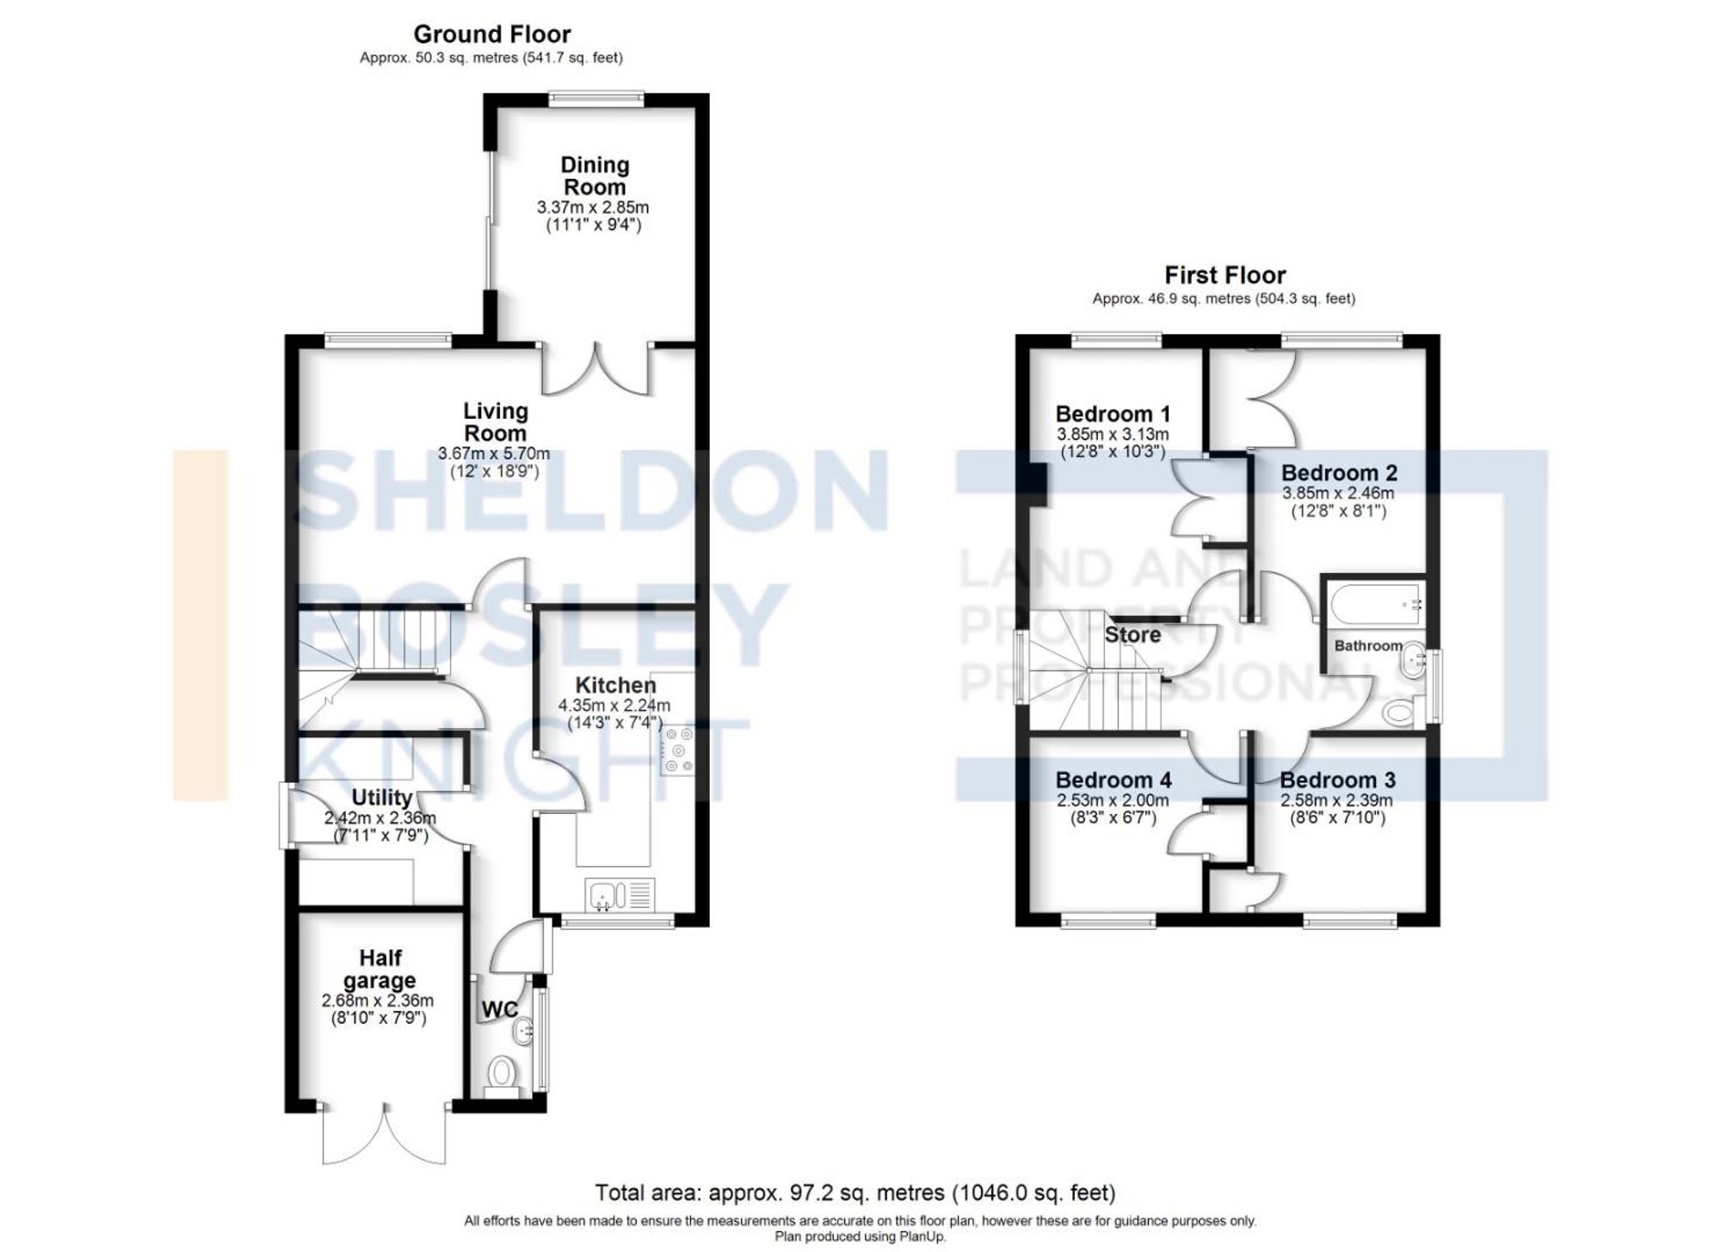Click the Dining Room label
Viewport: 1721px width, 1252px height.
[594, 176]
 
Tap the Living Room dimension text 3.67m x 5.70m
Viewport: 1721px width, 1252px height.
[494, 453]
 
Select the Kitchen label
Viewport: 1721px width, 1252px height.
[615, 685]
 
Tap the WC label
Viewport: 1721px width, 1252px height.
[499, 1009]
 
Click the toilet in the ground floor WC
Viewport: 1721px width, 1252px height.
[501, 1073]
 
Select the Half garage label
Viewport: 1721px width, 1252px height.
[379, 969]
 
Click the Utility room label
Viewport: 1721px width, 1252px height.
[381, 798]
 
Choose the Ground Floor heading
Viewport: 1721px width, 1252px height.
[491, 34]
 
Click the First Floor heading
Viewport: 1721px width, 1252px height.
[1224, 275]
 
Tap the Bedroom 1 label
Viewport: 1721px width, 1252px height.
[1113, 414]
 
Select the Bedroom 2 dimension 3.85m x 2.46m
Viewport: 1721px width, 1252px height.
[1338, 493]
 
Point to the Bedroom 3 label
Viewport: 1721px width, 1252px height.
[1337, 780]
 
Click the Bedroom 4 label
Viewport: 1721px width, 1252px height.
[1113, 780]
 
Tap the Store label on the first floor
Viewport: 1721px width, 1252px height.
[1132, 635]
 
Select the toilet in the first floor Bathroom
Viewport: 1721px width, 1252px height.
[1399, 712]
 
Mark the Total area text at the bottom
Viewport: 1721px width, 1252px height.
[855, 1193]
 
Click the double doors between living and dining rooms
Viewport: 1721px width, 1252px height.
[595, 370]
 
